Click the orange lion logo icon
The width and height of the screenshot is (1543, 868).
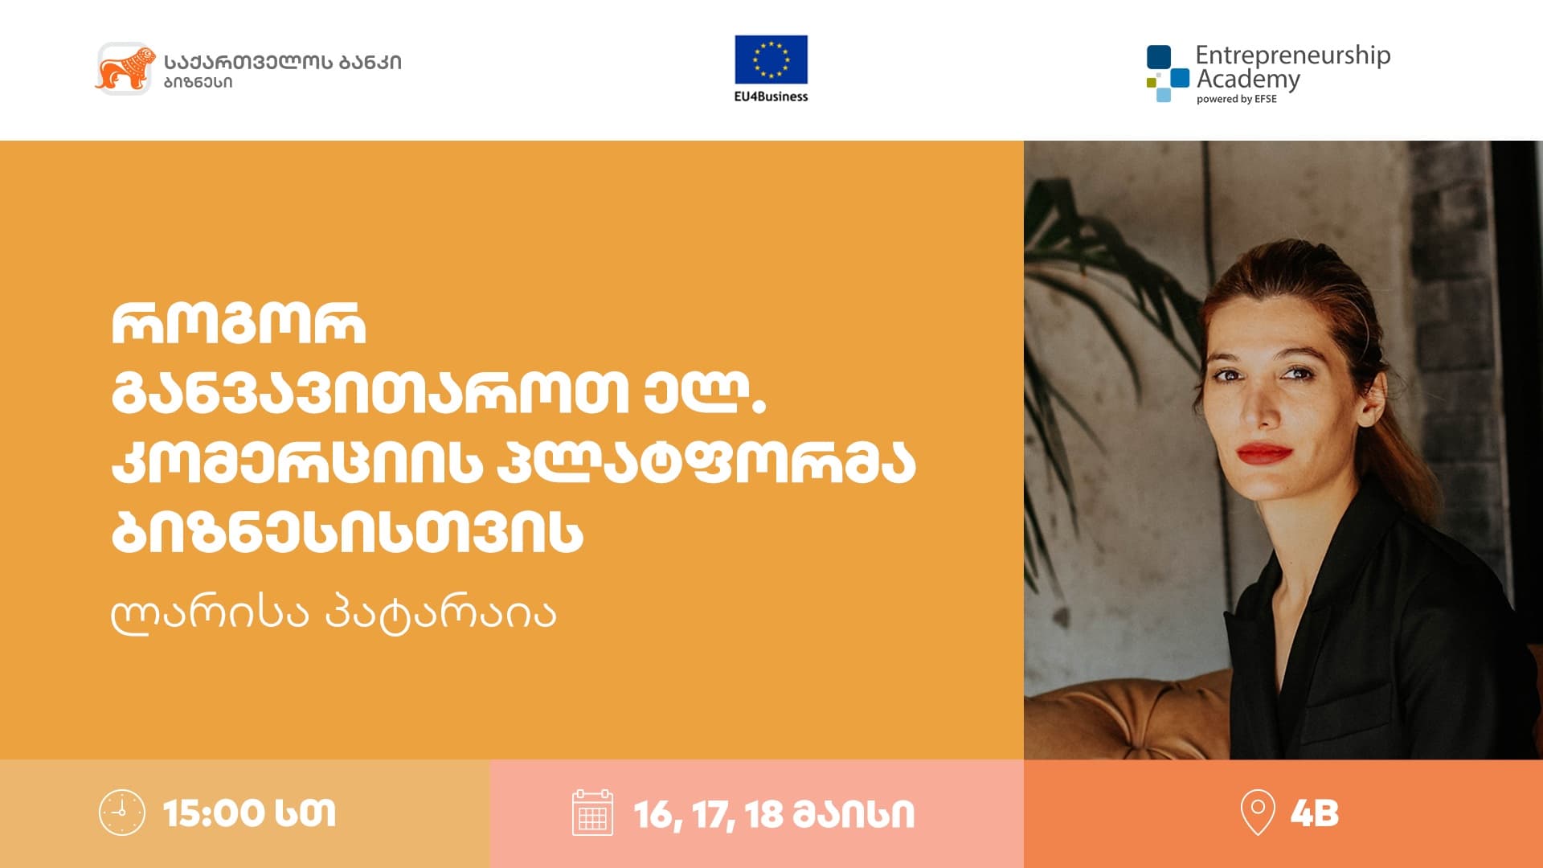[x=125, y=68]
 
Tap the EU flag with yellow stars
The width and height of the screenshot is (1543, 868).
[x=771, y=59]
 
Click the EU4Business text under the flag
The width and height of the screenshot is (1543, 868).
[x=771, y=96]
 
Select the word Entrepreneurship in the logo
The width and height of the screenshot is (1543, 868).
[x=1292, y=56]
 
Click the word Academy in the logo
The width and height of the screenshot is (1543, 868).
[x=1248, y=80]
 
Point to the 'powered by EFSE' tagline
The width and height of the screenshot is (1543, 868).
[x=1236, y=100]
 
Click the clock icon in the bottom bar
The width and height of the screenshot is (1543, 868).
[x=122, y=813]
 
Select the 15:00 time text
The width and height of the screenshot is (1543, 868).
[x=214, y=813]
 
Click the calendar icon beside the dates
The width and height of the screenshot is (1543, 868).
[x=592, y=813]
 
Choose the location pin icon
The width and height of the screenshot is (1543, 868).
[x=1258, y=813]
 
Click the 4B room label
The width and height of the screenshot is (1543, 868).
[x=1315, y=813]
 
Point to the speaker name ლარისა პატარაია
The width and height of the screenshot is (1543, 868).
[x=334, y=615]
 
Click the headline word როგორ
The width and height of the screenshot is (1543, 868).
[x=239, y=325]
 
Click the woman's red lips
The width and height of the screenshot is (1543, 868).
[x=1265, y=454]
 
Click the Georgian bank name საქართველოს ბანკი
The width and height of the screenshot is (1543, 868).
[x=283, y=62]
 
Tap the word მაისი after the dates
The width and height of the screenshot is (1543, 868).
[x=854, y=814]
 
